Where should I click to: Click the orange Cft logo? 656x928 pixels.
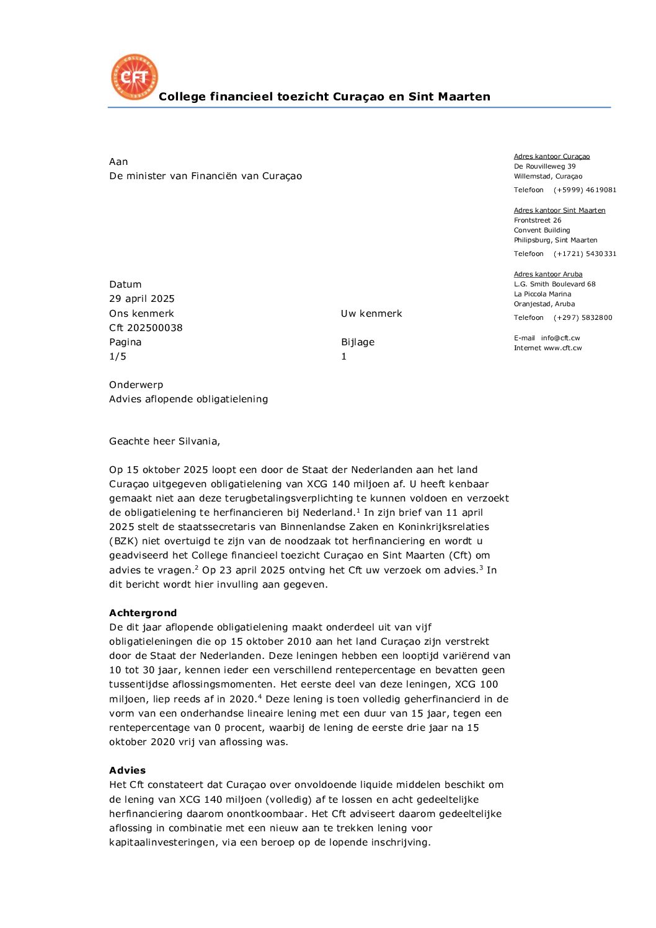135,77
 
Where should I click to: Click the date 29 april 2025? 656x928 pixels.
142,299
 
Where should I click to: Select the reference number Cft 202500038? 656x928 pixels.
146,328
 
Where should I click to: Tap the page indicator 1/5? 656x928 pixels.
118,356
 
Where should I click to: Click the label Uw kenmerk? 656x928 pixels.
371,314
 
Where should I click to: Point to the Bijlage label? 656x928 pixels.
358,342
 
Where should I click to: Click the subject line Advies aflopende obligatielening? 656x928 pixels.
188,399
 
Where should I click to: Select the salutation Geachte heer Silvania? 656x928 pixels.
164,441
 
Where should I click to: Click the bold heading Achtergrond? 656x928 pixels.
143,613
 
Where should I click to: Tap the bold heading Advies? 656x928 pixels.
128,771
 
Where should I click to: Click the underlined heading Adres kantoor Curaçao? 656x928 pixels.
552,157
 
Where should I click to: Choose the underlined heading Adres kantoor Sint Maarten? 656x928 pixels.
559,211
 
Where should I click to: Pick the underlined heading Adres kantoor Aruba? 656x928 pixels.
548,275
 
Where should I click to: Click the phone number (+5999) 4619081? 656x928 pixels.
585,190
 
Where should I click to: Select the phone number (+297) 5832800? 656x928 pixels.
583,318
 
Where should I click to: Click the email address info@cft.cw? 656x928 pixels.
561,338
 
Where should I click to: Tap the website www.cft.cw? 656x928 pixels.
563,348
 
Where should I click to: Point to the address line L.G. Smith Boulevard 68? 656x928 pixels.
554,285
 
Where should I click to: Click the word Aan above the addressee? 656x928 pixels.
118,162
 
